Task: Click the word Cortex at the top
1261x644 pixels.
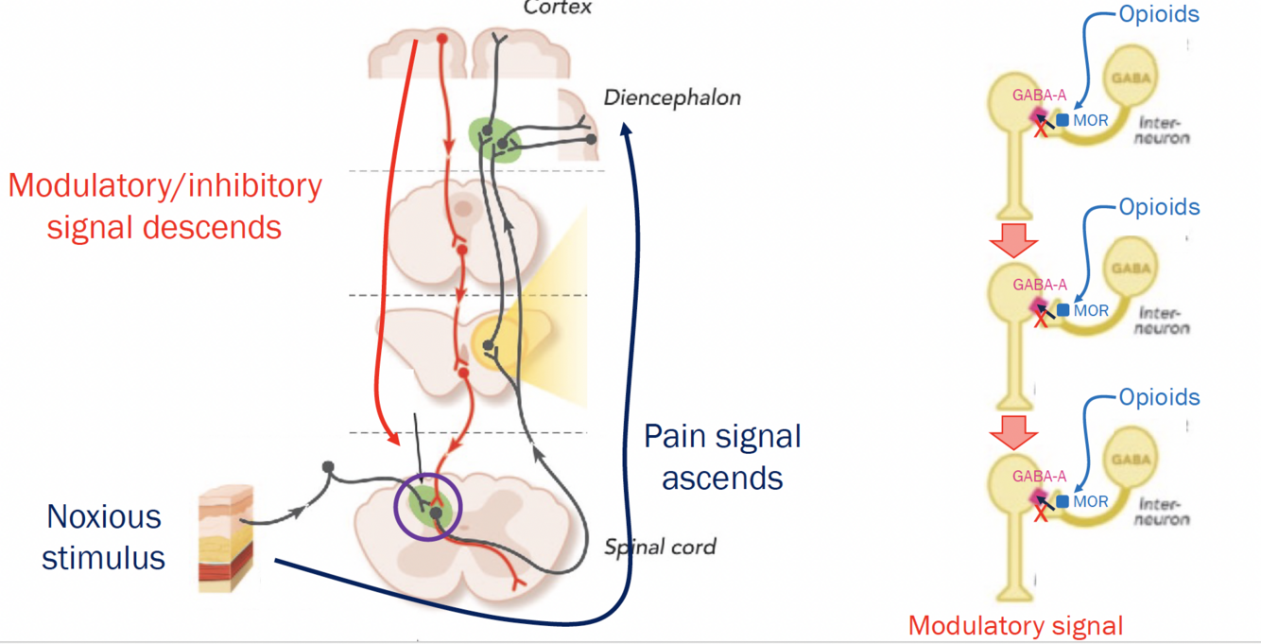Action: coord(558,8)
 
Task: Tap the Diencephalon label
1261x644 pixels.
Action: coord(672,97)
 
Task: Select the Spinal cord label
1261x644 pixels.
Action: coord(660,547)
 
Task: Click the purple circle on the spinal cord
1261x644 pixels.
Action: coord(428,507)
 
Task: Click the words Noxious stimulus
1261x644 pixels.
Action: coord(104,536)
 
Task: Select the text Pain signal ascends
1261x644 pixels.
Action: coord(722,457)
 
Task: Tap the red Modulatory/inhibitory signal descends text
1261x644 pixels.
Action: coord(164,205)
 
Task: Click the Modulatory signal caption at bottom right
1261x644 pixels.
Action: coord(1015,625)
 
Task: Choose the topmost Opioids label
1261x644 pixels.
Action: coord(1159,15)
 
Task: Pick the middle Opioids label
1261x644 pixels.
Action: coord(1159,207)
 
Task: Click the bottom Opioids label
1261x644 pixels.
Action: coord(1159,397)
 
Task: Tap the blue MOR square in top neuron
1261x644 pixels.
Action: coord(1062,120)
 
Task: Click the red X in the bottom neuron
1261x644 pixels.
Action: coord(1041,513)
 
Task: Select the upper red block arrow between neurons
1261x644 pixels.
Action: coord(1013,240)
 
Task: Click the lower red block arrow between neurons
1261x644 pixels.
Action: coord(1013,431)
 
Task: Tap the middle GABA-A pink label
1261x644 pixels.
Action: coord(1040,285)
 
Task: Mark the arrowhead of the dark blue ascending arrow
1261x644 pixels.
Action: coord(624,131)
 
